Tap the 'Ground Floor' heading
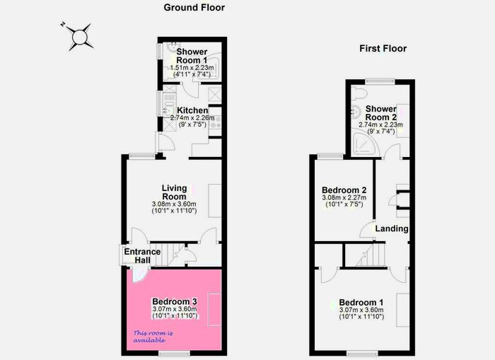coord(194,8)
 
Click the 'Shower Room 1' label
coord(192,57)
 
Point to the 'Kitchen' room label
coord(192,110)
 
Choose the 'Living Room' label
coord(174,192)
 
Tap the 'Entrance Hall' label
coord(142,255)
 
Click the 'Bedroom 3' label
coord(174,301)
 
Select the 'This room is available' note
coord(152,336)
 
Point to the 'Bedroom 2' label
coord(344,190)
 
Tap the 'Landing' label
coord(391,228)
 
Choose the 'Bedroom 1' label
coord(361,301)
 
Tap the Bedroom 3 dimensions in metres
coord(174,309)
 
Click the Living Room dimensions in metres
coord(174,204)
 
